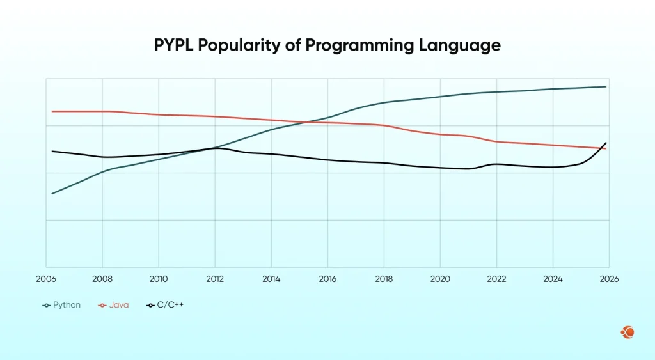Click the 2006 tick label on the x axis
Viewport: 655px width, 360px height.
(46, 279)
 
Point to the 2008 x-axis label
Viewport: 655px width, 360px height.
(102, 279)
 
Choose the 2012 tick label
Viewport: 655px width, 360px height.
(215, 279)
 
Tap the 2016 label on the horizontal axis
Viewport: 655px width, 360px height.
(327, 279)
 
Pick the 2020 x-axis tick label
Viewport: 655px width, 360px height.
(440, 279)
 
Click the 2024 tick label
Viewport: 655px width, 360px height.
(553, 279)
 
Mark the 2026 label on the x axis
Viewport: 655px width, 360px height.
(609, 279)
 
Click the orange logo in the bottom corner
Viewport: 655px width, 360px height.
(627, 332)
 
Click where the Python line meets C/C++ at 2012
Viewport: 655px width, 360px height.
(214, 148)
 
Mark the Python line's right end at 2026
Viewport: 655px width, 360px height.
(606, 86)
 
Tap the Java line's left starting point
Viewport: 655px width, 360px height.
(52, 111)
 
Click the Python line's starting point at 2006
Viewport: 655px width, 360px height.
(52, 193)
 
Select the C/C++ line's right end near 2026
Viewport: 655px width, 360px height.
(606, 143)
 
